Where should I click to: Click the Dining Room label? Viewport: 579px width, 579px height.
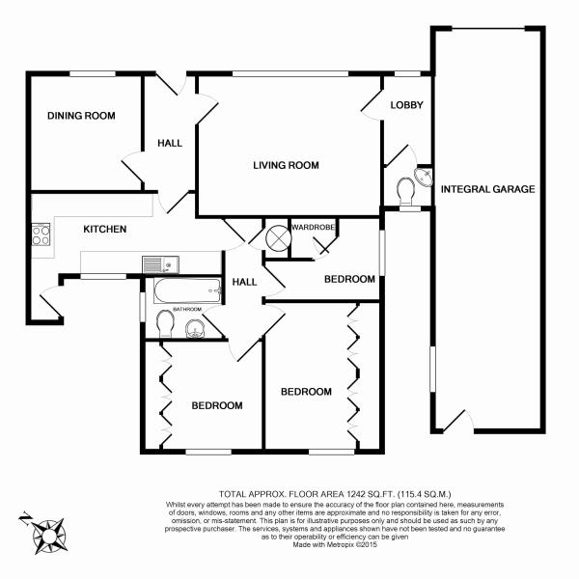click(82, 116)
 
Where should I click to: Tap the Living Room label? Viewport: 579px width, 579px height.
click(286, 165)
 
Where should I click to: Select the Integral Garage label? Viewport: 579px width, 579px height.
click(487, 189)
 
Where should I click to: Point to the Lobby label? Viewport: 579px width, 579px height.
click(408, 104)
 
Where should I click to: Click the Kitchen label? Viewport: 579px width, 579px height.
click(104, 229)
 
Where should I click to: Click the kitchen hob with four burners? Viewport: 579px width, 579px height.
click(41, 235)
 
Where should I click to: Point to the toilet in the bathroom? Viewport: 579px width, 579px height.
click(163, 321)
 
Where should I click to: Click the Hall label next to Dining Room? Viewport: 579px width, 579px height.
click(170, 143)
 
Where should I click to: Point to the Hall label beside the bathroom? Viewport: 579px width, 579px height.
click(244, 282)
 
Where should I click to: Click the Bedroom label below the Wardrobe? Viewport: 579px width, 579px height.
click(348, 279)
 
